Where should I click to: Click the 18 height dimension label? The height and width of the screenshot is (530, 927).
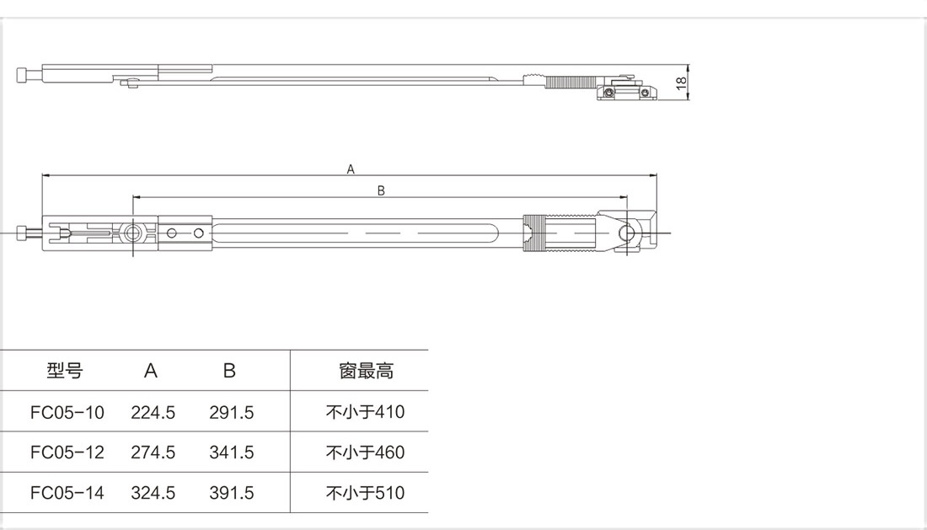[681, 82]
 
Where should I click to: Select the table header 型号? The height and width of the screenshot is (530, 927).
[65, 371]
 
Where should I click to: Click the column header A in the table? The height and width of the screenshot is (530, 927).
[151, 371]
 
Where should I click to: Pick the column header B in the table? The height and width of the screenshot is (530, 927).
[229, 371]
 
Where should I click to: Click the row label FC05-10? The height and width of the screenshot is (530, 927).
[67, 412]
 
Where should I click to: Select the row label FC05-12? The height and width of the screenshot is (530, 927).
[67, 452]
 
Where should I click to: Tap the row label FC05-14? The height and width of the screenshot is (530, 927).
[67, 493]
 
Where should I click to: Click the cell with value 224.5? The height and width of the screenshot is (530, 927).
[153, 412]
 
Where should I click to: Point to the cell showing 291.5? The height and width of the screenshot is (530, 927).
[232, 412]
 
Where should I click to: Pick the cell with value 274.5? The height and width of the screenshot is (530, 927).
[153, 452]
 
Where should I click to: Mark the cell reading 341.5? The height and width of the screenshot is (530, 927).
[232, 452]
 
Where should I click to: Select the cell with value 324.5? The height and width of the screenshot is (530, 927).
[153, 493]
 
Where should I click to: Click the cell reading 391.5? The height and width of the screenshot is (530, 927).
[232, 493]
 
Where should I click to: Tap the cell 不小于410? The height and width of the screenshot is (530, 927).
[365, 412]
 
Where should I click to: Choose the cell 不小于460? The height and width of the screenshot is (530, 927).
[365, 452]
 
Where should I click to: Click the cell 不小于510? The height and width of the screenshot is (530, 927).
[365, 493]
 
